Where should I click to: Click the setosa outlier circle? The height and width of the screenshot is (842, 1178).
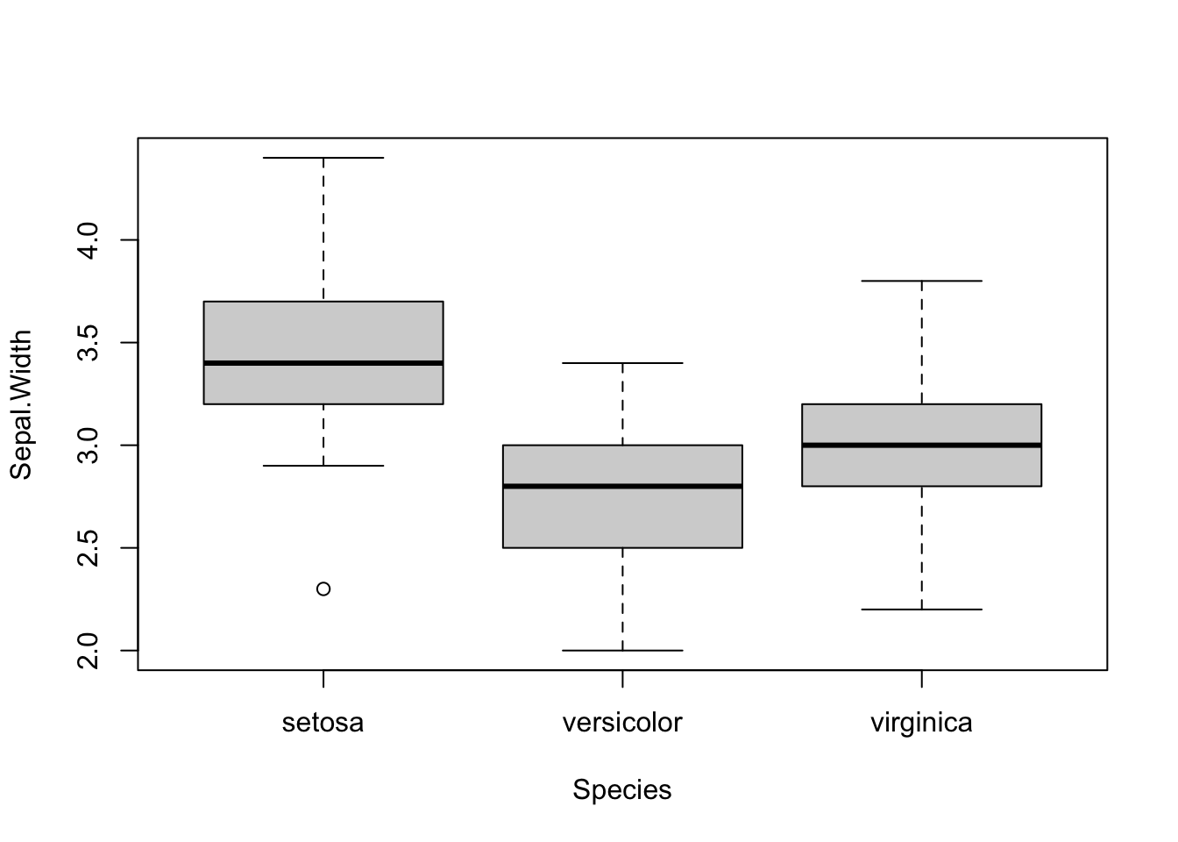tap(323, 589)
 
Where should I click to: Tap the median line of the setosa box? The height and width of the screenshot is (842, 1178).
tap(323, 363)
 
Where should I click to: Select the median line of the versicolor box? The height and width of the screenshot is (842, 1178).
tap(622, 486)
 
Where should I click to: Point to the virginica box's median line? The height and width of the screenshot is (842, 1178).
tap(921, 445)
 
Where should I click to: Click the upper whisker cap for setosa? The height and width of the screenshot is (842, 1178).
tap(323, 158)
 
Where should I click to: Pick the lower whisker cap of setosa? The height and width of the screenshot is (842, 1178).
tap(323, 466)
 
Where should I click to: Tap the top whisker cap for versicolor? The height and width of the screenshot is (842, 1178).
tap(622, 363)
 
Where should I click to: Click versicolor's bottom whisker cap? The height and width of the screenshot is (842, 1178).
tap(622, 650)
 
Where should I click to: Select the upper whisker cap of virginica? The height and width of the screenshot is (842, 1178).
tap(921, 281)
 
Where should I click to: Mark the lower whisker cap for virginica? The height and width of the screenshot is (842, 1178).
tap(921, 609)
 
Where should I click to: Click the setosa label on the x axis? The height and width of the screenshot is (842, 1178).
tap(323, 723)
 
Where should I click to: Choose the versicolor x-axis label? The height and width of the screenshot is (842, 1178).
tap(622, 723)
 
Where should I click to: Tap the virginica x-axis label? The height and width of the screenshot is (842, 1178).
tap(921, 723)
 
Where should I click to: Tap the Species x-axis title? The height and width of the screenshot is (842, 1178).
tap(622, 790)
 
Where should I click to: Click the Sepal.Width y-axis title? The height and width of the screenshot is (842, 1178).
tap(21, 404)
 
